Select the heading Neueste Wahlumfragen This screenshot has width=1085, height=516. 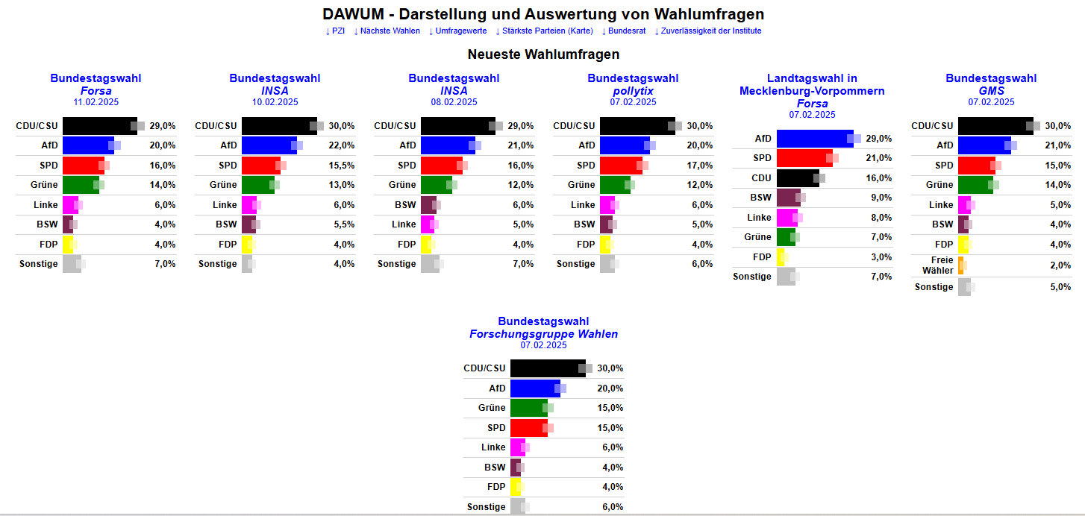click(x=543, y=54)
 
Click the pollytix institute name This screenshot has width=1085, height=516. click(x=633, y=91)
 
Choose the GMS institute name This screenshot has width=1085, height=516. click(x=991, y=91)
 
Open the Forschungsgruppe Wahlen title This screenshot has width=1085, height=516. click(x=543, y=334)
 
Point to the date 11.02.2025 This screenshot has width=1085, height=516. click(x=96, y=102)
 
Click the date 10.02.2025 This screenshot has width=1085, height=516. click(x=275, y=102)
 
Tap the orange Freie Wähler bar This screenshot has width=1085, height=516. click(x=961, y=265)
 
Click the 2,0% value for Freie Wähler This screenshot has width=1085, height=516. click(x=1060, y=265)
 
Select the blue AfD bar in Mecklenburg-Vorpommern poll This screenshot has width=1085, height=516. click(x=815, y=139)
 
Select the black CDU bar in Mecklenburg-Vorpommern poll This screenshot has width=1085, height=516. click(x=797, y=178)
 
